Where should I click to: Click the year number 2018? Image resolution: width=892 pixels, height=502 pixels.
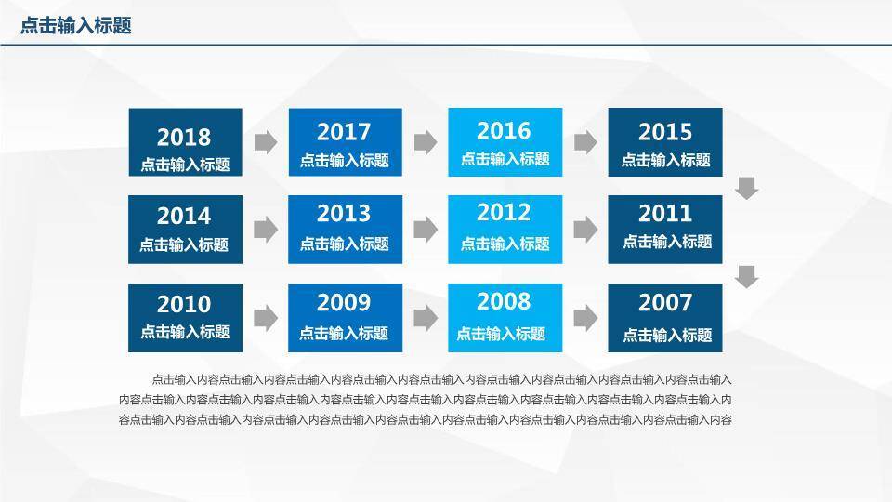point(184,138)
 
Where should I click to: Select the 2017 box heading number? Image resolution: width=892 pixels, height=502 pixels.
point(344,132)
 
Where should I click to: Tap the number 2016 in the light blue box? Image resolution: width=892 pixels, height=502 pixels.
point(504,131)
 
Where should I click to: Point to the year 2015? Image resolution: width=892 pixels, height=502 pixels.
point(665,132)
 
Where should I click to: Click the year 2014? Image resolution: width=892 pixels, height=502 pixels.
point(184,217)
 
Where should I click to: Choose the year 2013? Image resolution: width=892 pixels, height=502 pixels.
point(344,214)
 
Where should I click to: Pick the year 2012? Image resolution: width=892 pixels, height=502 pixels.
point(504,213)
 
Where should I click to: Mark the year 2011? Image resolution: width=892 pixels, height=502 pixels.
point(665,214)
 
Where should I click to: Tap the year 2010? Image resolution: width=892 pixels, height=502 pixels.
point(184,304)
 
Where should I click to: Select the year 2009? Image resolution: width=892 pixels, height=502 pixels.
point(344,302)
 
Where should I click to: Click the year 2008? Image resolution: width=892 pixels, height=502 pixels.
point(504,301)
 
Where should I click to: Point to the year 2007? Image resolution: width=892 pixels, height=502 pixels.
point(665,302)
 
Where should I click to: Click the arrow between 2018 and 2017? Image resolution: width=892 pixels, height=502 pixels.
point(266,142)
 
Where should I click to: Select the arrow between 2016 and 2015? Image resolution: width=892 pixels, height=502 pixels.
point(585,142)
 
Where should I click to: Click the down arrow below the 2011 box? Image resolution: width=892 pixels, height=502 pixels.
point(747,276)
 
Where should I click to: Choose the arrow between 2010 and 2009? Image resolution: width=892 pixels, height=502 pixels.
point(266,318)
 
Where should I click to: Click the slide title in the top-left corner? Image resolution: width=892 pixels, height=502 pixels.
point(76,26)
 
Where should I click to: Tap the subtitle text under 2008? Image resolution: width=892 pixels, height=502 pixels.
point(501,334)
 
